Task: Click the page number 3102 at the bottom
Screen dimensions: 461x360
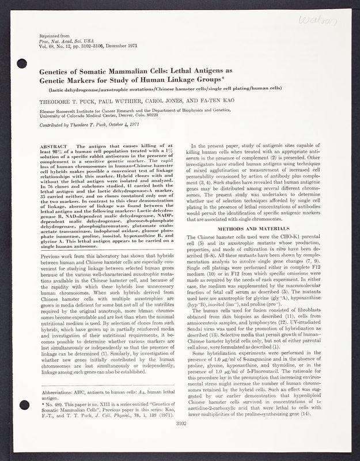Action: pyautogui.click(x=183, y=440)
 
